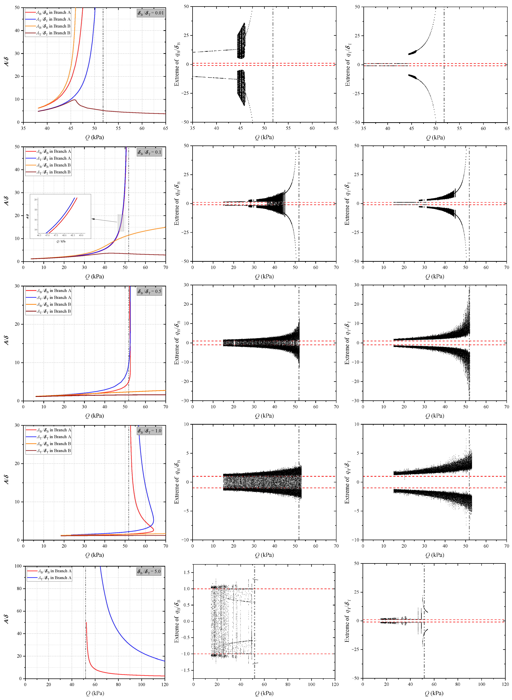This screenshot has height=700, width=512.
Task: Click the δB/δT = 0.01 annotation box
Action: click(151, 13)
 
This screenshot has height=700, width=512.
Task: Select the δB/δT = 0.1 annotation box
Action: click(149, 152)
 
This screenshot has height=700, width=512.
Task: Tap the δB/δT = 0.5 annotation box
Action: click(149, 292)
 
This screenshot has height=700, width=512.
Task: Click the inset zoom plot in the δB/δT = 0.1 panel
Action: click(60, 216)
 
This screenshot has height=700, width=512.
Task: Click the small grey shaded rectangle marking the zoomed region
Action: click(121, 223)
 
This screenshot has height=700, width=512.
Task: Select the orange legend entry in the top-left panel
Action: click(48, 26)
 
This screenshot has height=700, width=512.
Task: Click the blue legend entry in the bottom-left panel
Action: click(50, 578)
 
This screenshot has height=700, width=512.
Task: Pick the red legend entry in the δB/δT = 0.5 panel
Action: click(49, 291)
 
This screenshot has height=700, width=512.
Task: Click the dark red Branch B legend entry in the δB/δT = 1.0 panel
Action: click(49, 451)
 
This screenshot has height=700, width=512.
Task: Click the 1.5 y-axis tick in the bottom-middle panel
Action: click(187, 572)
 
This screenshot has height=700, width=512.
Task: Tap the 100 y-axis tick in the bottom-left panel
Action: click(18, 566)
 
